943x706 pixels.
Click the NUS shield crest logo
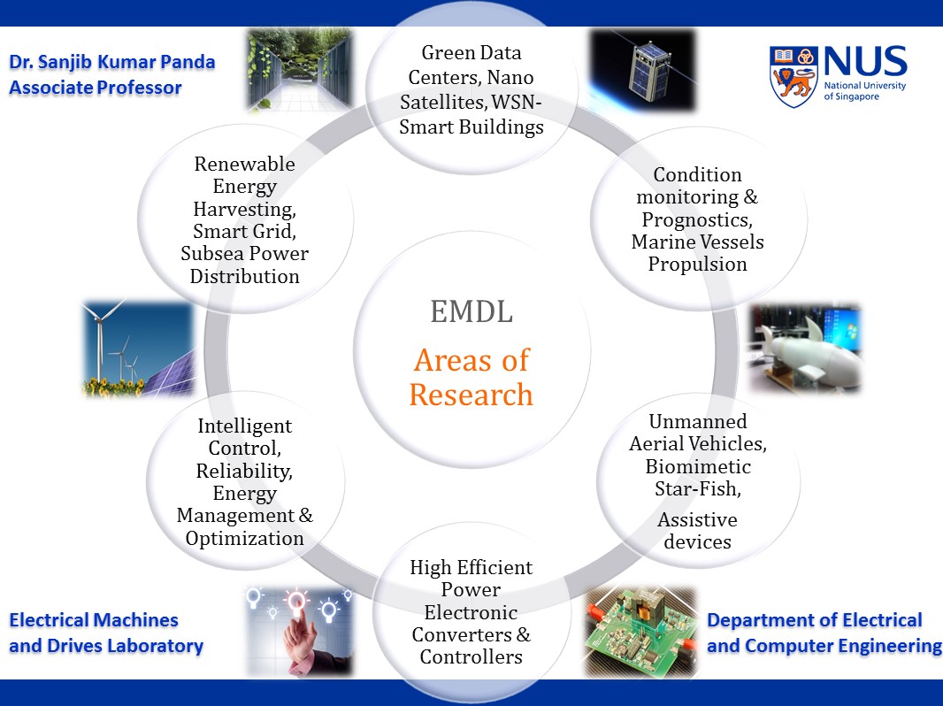pos(793,77)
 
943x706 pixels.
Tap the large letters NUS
pos(865,61)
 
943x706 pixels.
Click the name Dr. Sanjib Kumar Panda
pos(112,63)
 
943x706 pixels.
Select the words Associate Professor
pos(95,88)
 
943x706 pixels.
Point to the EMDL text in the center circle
pos(471,312)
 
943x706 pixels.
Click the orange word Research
pos(471,395)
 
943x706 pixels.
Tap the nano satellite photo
pos(642,71)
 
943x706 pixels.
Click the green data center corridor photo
pos(299,71)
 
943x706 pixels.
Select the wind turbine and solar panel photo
pos(139,349)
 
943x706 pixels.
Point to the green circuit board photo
pos(640,632)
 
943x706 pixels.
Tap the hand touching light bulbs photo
pos(299,632)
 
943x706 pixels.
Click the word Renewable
pos(245,165)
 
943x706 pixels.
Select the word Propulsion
pos(698,265)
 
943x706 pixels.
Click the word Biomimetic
pos(698,466)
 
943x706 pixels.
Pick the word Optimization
pos(245,539)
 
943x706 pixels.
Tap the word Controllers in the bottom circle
pos(471,656)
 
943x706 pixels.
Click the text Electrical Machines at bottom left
pos(94,620)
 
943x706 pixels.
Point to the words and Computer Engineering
pos(824,646)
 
